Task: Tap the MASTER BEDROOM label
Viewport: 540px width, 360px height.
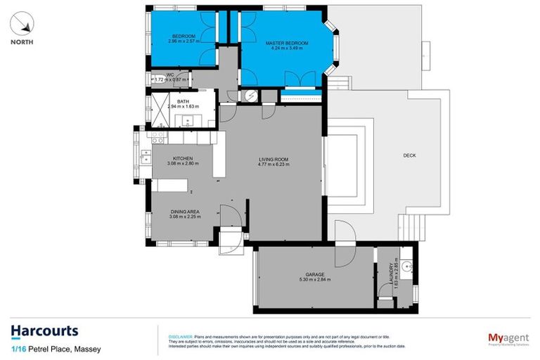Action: [287, 43]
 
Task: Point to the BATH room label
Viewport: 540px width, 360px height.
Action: [183, 101]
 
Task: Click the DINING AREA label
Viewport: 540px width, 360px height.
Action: [185, 212]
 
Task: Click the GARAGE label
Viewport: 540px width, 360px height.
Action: [314, 274]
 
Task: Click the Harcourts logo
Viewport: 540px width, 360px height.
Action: [44, 330]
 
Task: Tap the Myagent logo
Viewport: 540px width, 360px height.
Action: [508, 337]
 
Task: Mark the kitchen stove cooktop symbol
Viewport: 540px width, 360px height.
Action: [157, 133]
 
